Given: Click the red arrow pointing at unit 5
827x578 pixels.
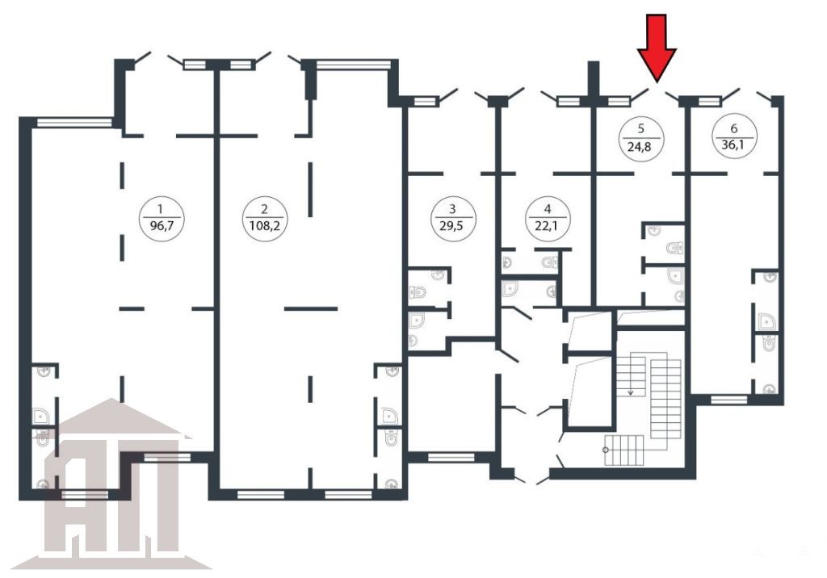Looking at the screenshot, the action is coord(657,48).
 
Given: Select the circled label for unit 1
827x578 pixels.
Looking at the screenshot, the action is coord(162,218).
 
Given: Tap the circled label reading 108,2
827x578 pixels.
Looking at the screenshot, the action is coord(265,218).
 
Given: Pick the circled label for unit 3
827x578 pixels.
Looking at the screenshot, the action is coord(453,218).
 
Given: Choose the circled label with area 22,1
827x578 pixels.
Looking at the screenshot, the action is coord(548,218).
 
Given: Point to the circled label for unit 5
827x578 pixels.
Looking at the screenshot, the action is coord(640,138).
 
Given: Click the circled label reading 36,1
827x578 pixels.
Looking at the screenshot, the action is coord(734,136).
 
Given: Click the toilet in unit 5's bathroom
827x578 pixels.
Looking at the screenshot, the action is coord(675,247).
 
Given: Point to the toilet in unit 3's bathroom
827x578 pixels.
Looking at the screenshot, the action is coord(418,291).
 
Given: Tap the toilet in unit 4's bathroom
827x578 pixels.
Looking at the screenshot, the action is coord(549,261).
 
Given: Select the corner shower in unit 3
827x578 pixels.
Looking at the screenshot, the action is coord(417,320).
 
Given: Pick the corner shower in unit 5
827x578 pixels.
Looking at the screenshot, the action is coord(676,275).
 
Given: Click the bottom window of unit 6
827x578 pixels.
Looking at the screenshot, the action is coord(729,400).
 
